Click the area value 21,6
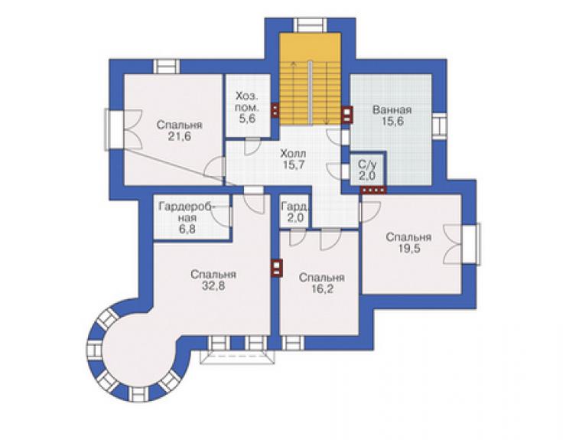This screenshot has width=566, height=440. pos(180,136)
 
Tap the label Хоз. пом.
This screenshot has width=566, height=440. pos(247,102)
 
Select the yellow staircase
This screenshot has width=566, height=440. pos(310,79)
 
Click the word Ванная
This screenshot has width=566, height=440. pos(392,109)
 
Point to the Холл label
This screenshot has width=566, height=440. pos(293,154)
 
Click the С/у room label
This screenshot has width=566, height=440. pos(367,165)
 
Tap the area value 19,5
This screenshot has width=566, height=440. pos(410,249)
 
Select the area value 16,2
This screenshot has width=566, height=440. pos(322,289)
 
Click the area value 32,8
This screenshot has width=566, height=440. pos(213,285)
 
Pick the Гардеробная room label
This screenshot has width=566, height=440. pos(187,213)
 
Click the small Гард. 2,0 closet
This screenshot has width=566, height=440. pos(295,212)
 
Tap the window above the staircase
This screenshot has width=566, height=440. pos(310,25)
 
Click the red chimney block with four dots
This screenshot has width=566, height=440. pos(373,190)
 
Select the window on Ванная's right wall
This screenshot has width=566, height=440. pos(439,125)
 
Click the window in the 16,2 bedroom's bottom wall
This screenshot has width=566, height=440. pos(293,343)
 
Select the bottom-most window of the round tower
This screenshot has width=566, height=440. pos(138,394)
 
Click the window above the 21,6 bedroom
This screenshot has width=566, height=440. pos(167,67)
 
